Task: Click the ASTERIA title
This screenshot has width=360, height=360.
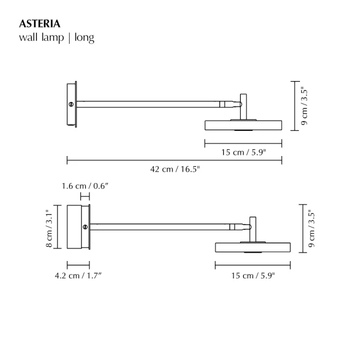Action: [x=40, y=24]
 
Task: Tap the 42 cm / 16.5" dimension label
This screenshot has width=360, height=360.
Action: [x=175, y=170]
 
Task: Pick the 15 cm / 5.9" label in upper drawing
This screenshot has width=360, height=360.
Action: [x=243, y=152]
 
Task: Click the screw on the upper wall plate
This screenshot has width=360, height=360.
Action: [x=73, y=104]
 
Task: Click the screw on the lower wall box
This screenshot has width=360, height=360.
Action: [x=85, y=227]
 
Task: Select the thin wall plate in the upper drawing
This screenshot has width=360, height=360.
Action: [x=72, y=104]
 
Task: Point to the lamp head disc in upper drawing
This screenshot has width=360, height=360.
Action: [x=243, y=125]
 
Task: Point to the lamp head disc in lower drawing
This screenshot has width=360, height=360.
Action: [x=253, y=247]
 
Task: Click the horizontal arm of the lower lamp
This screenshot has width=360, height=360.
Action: [x=162, y=226]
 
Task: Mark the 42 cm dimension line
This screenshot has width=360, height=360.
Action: [x=175, y=160]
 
